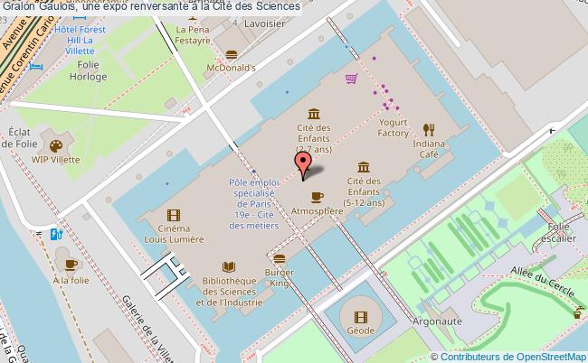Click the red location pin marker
click(x=304, y=163)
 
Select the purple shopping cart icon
click(x=350, y=79)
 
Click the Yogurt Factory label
click(x=394, y=127)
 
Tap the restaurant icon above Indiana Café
click(x=429, y=128)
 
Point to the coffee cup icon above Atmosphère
click(x=317, y=196)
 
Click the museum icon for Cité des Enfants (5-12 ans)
click(x=363, y=167)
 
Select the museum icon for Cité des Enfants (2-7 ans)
click(x=313, y=113)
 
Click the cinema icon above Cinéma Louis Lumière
click(x=173, y=214)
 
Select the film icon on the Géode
click(x=360, y=316)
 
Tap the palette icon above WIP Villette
click(x=55, y=145)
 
